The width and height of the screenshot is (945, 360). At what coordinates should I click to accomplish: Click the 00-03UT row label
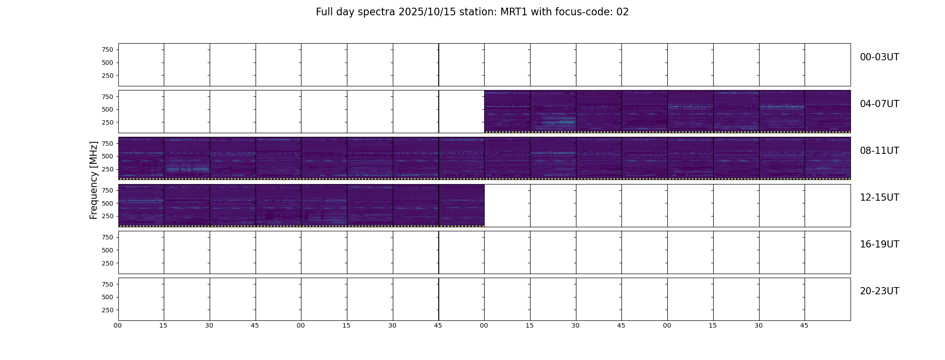pyautogui.click(x=879, y=57)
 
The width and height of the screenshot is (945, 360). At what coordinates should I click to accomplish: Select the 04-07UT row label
pyautogui.click(x=879, y=104)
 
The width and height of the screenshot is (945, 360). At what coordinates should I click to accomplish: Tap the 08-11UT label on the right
pyautogui.click(x=879, y=151)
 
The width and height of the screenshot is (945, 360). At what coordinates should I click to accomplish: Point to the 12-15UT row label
pyautogui.click(x=879, y=198)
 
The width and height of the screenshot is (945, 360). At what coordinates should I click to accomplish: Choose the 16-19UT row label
pyautogui.click(x=879, y=244)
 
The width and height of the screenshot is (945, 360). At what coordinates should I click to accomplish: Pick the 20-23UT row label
pyautogui.click(x=879, y=291)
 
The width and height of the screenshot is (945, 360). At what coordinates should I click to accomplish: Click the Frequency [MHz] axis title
pyautogui.click(x=94, y=180)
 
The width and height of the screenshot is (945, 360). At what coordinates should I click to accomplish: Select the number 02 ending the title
pyautogui.click(x=622, y=12)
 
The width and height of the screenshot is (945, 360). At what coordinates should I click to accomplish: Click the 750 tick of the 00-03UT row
pyautogui.click(x=108, y=49)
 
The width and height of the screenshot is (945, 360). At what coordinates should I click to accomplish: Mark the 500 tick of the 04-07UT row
pyautogui.click(x=108, y=109)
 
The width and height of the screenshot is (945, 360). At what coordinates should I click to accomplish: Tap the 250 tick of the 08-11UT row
pyautogui.click(x=108, y=169)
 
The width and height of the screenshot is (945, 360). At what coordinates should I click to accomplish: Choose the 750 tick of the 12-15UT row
pyautogui.click(x=108, y=190)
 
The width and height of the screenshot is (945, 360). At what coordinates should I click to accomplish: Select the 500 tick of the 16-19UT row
pyautogui.click(x=108, y=250)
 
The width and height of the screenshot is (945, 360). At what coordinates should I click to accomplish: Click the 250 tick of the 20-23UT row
pyautogui.click(x=108, y=310)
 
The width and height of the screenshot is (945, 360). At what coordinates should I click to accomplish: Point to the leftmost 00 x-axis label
pyautogui.click(x=117, y=325)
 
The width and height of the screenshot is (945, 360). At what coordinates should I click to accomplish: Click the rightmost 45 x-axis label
pyautogui.click(x=804, y=325)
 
